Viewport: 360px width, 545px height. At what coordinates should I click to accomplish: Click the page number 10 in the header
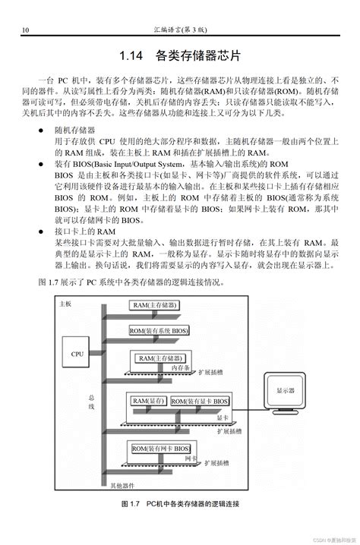pyautogui.click(x=26, y=30)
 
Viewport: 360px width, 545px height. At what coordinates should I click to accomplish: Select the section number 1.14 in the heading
pyautogui.click(x=133, y=55)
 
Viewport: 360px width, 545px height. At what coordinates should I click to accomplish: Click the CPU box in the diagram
pyautogui.click(x=77, y=354)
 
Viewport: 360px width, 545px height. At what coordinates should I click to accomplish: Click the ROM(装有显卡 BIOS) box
pyautogui.click(x=200, y=401)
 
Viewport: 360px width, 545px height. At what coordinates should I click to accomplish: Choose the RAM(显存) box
pyautogui.click(x=150, y=401)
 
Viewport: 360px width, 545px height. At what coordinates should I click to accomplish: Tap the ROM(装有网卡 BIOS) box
pyautogui.click(x=161, y=449)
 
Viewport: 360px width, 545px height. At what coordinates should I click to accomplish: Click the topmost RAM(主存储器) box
pyautogui.click(x=155, y=305)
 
